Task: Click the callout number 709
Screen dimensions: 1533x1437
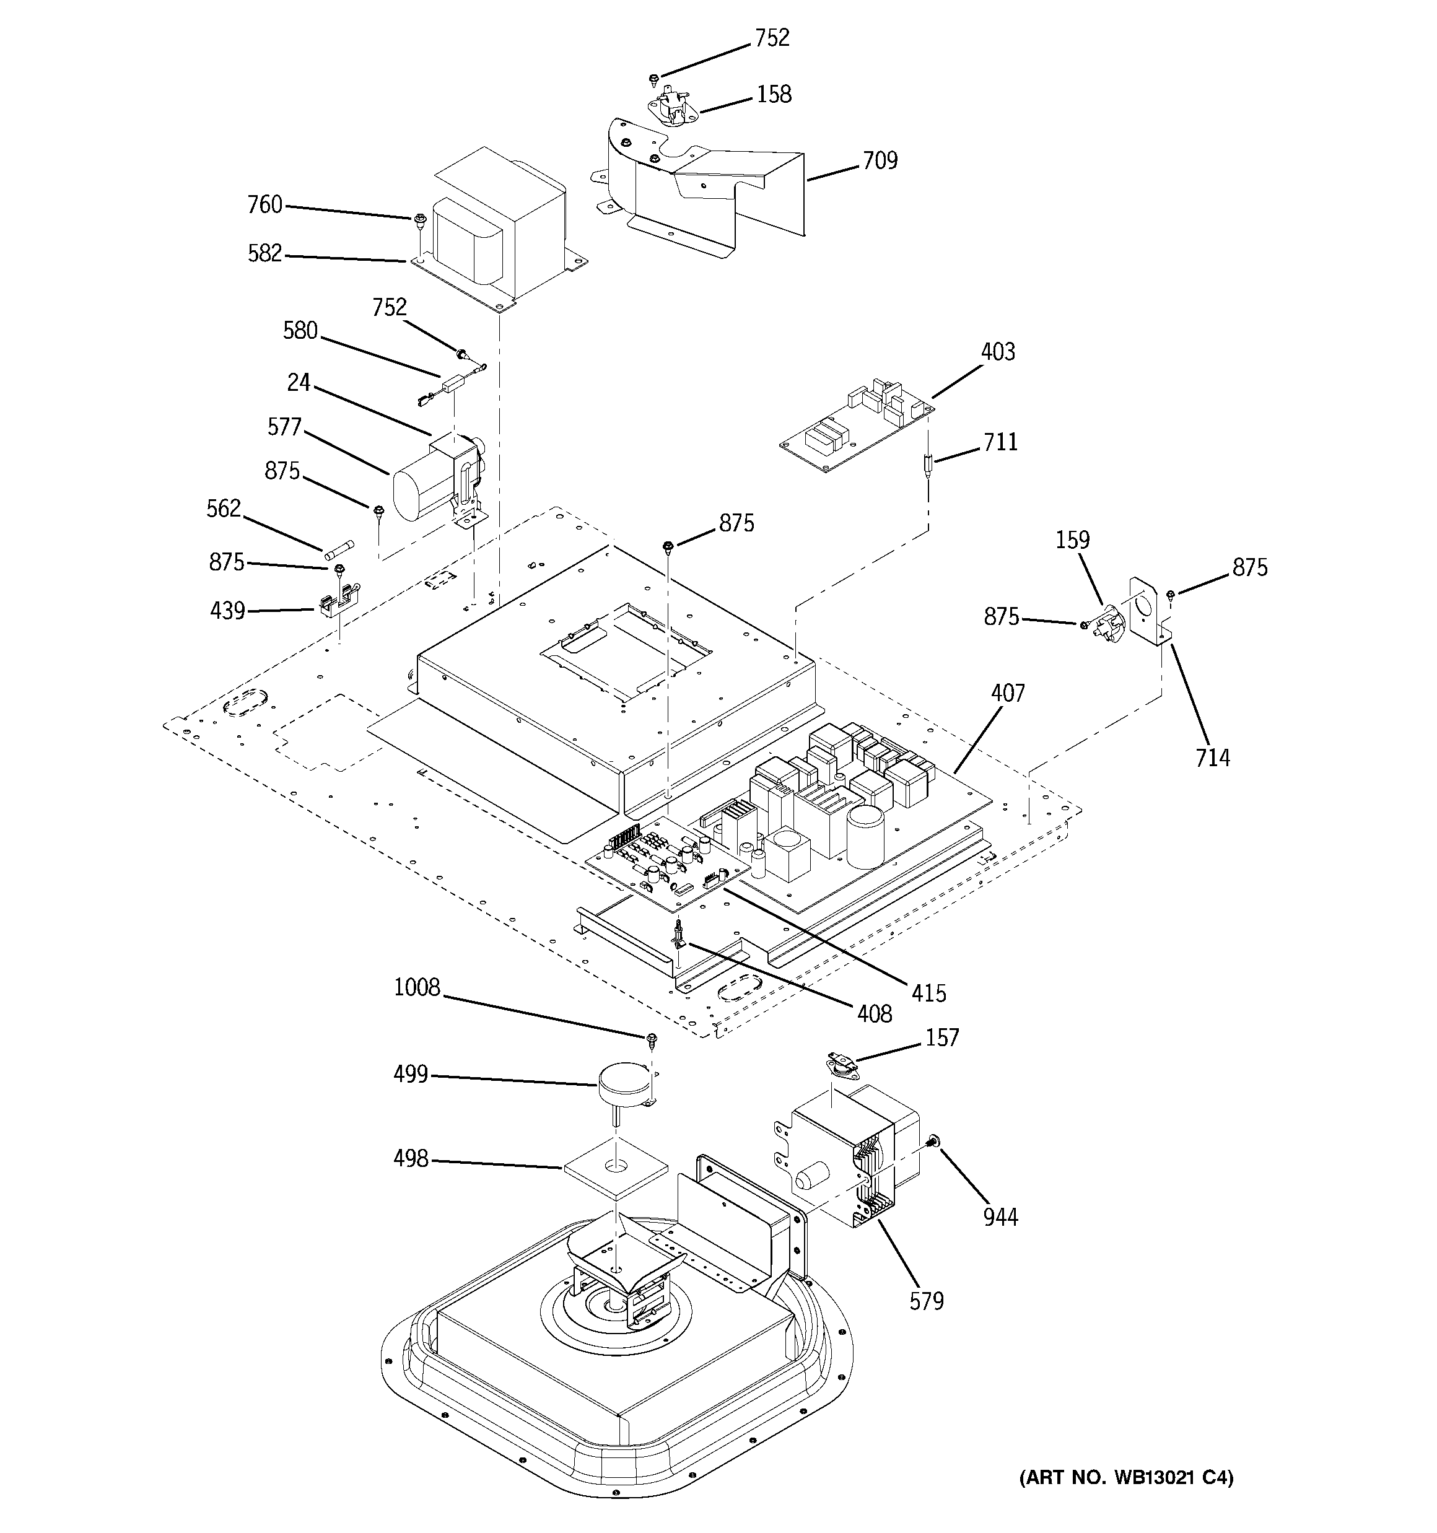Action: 880,160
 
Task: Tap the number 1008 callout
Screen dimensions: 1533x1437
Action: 416,987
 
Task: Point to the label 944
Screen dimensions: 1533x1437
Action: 1000,1217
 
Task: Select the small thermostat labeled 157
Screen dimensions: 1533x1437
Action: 839,1065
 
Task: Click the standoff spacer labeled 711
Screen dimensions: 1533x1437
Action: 928,466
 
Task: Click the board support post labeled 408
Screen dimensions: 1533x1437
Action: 679,935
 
